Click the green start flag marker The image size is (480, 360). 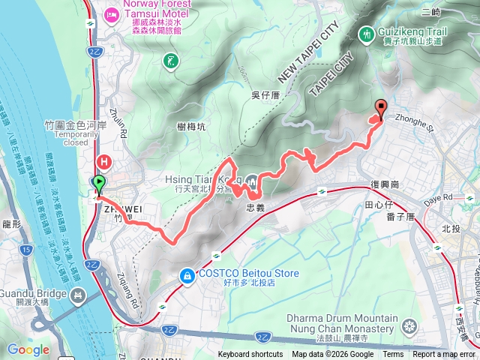[x=99, y=182]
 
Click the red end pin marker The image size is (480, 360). [x=379, y=107]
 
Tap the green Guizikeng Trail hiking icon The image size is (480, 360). [x=367, y=34]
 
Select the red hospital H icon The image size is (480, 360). [x=103, y=160]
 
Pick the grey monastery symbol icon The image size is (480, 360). [x=409, y=325]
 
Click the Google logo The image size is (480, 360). [x=28, y=349]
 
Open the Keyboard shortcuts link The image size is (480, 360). [x=250, y=355]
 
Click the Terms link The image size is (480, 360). [x=393, y=355]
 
